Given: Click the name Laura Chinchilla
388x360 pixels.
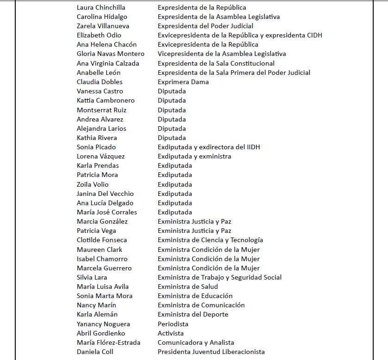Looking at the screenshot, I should [101, 7].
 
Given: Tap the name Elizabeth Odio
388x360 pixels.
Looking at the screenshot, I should [99, 35].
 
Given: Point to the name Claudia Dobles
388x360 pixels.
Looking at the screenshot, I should [99, 82].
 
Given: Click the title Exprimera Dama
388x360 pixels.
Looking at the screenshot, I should [183, 82].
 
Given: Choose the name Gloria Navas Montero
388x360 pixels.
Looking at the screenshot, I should [111, 54].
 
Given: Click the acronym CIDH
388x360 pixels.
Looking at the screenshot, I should [313, 35].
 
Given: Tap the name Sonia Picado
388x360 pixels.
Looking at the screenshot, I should [96, 147].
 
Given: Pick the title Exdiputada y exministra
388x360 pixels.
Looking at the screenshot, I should [194, 156].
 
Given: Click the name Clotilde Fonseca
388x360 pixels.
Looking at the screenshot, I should [102, 240].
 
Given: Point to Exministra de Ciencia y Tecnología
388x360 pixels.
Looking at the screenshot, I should [210, 240].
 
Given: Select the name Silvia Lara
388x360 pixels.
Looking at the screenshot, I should [92, 277].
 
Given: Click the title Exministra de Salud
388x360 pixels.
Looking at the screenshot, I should [188, 287].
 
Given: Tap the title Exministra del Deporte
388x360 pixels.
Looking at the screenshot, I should [193, 314].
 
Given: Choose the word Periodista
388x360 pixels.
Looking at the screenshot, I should [172, 324].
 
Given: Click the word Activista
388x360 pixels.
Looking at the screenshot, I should [170, 333].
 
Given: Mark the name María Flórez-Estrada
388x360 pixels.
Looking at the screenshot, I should [108, 342].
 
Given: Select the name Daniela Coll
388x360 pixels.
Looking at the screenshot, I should [95, 352].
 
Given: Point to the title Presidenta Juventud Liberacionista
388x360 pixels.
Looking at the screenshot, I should [211, 352].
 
